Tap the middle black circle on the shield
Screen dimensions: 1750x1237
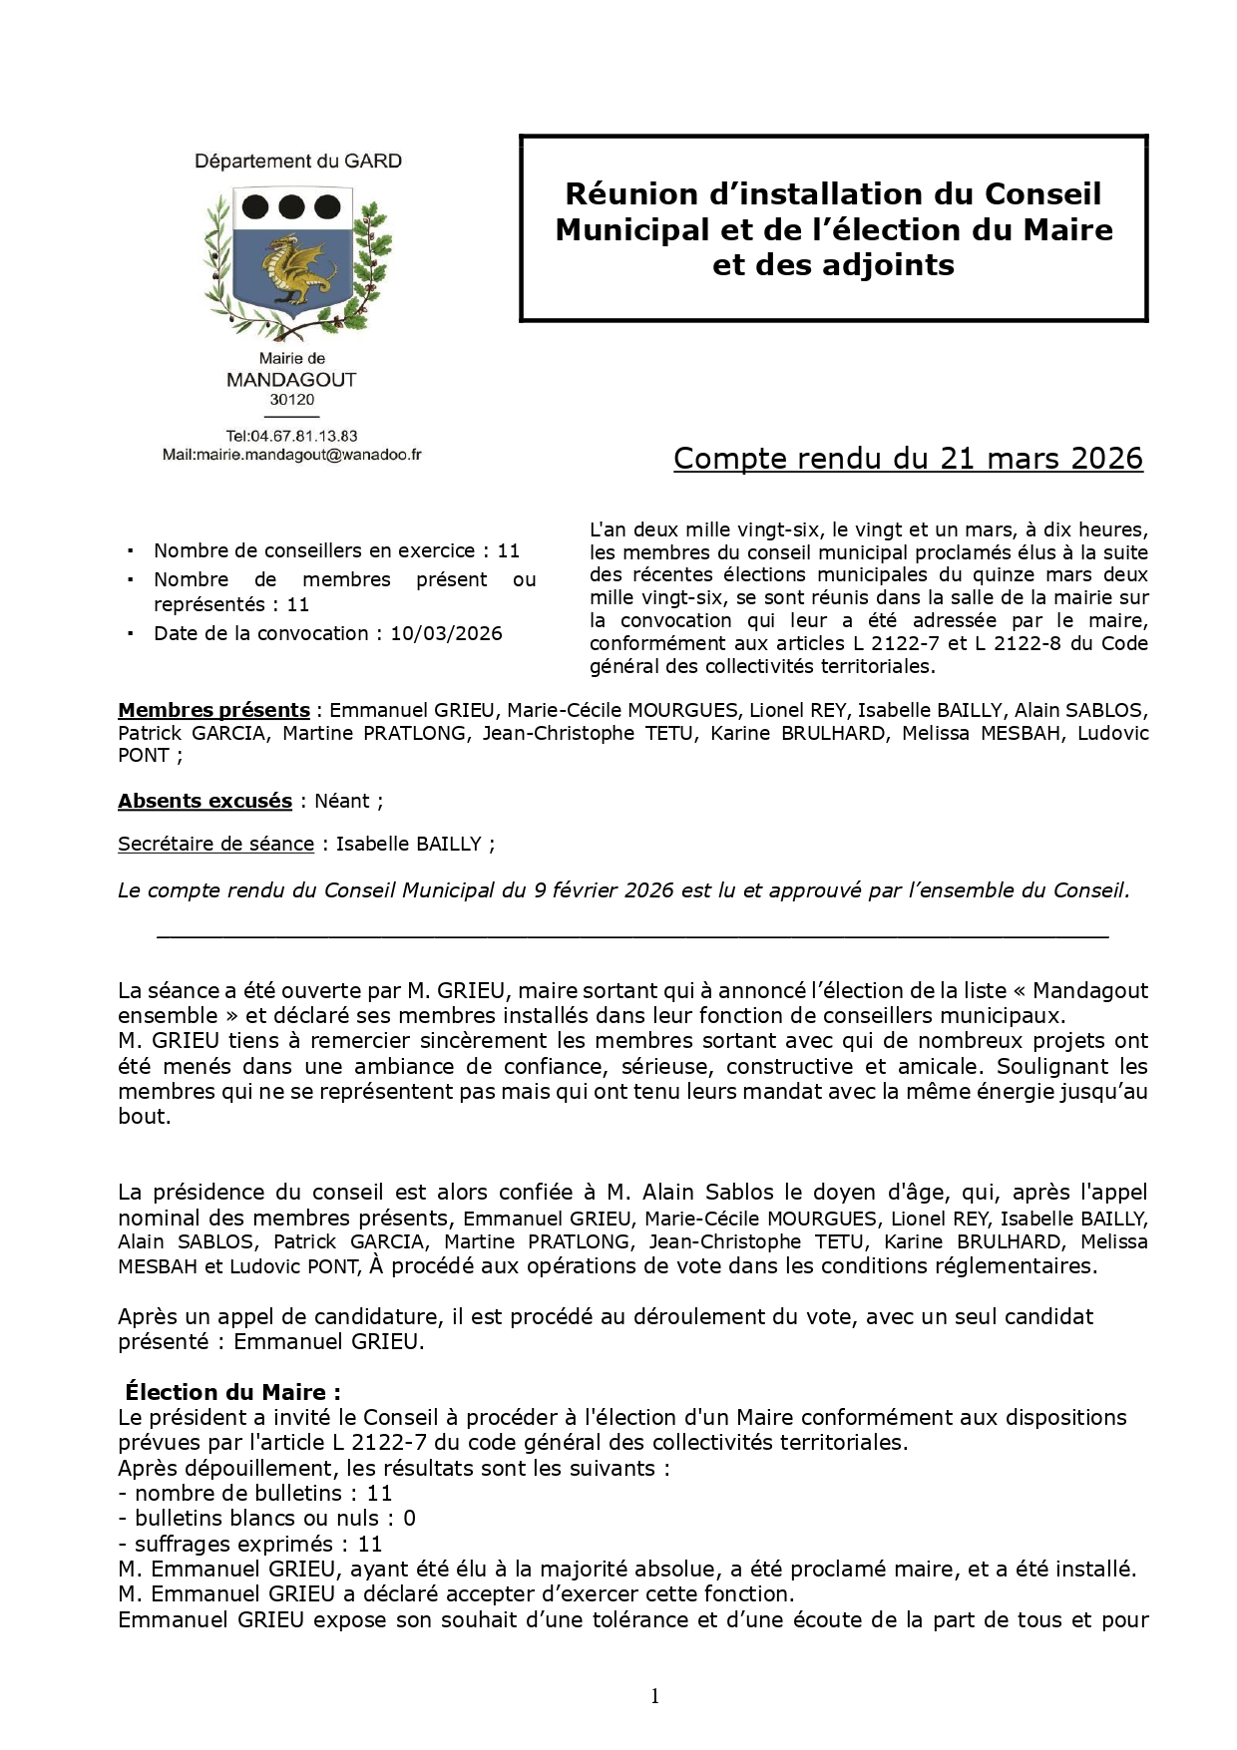(x=291, y=206)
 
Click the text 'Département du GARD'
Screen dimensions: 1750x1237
(x=298, y=162)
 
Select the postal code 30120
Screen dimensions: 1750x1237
(x=291, y=400)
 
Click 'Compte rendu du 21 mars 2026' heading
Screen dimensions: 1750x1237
(x=908, y=458)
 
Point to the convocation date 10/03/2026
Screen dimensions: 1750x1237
(x=446, y=633)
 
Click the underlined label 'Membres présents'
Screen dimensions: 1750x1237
(x=213, y=710)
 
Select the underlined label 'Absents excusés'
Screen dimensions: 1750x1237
(x=205, y=801)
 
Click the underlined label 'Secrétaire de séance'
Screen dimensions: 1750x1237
(x=215, y=844)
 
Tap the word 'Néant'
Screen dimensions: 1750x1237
(x=342, y=801)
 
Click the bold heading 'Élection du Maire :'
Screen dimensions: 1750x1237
(x=233, y=1392)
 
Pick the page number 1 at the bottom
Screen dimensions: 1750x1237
(x=654, y=1696)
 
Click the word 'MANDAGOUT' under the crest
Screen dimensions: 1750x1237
(x=291, y=380)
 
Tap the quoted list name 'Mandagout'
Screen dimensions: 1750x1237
(x=1090, y=990)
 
